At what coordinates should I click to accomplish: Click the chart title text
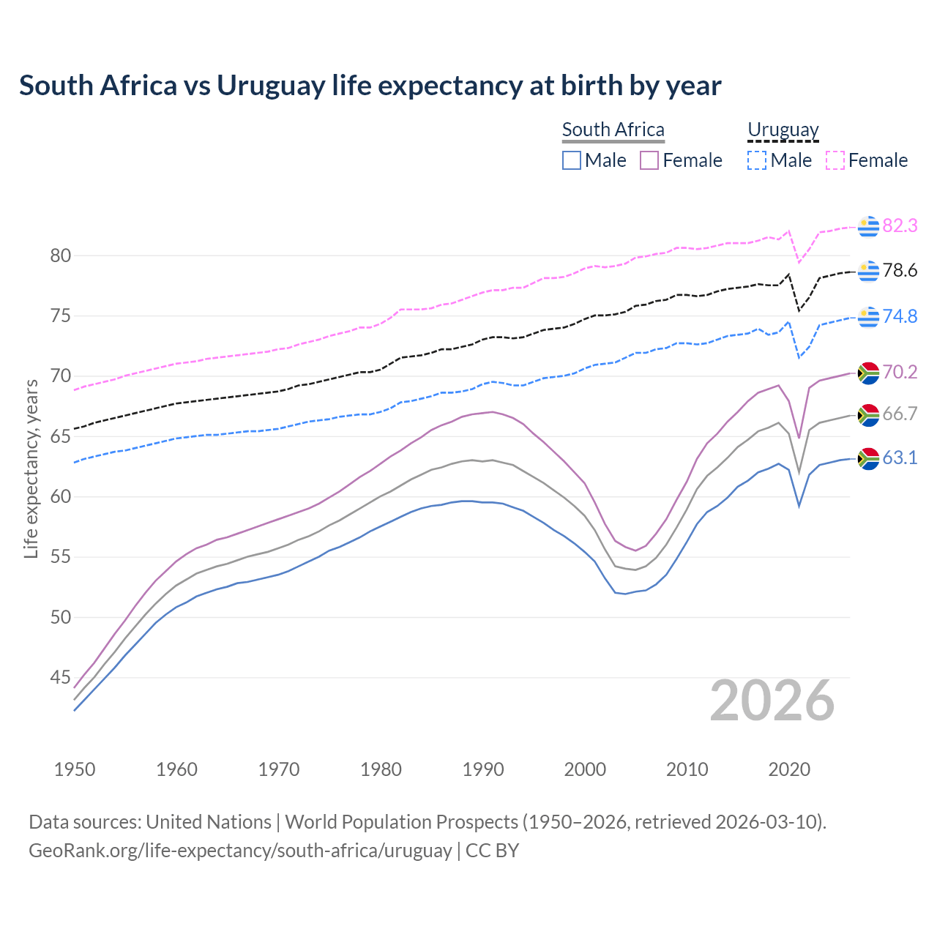pos(370,86)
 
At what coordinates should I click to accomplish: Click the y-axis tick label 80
pos(60,256)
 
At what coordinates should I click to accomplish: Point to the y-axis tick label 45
pos(60,678)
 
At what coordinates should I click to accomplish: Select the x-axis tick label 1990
pos(483,769)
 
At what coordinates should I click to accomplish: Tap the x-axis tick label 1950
pos(75,769)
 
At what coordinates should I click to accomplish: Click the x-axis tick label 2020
pos(789,769)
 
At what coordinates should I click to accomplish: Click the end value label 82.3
pos(900,226)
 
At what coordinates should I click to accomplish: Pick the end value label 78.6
pos(900,271)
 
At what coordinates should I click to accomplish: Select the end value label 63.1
pos(900,458)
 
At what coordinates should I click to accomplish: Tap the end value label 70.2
pos(900,373)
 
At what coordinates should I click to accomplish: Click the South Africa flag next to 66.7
pos(868,415)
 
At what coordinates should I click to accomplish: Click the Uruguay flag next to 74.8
pos(868,317)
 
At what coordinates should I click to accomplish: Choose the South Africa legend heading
pos(613,130)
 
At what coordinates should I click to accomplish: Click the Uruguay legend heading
pos(783,130)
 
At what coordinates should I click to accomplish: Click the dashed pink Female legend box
pos(835,160)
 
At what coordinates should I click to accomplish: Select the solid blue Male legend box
pos(572,160)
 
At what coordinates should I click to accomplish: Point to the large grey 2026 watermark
pos(772,701)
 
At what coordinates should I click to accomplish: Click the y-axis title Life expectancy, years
pos(31,468)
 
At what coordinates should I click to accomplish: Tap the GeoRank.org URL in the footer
pos(240,851)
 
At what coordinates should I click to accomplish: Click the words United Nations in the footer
pos(209,822)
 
